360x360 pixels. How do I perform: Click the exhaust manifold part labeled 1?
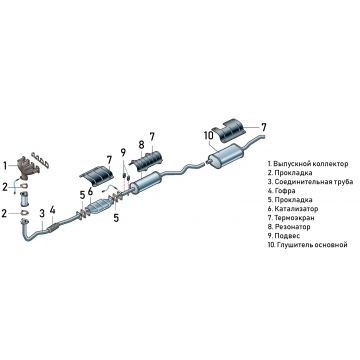point(28,167)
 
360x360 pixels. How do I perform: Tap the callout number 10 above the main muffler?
point(208,136)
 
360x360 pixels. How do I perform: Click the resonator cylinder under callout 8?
point(146,182)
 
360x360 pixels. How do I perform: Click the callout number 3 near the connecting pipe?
point(42,214)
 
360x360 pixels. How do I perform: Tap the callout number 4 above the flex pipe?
point(52,210)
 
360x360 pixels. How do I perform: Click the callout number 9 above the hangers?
point(123,153)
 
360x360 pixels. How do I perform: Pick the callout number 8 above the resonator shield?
point(141,145)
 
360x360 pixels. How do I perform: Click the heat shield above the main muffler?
point(230,130)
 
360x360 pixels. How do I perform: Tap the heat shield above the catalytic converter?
point(98,175)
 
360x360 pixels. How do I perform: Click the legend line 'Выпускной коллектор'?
point(311,164)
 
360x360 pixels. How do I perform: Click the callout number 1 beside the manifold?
point(5,165)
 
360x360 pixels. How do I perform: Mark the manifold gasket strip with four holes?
point(40,160)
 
